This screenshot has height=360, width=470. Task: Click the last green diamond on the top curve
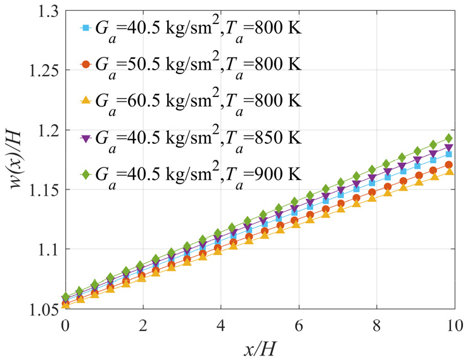click(x=448, y=138)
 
